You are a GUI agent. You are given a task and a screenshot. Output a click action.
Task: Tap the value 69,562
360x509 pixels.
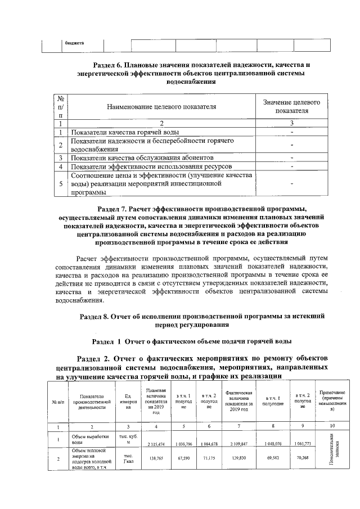[x=273, y=459]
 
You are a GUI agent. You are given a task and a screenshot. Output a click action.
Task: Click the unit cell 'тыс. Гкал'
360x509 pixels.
[x=128, y=459]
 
